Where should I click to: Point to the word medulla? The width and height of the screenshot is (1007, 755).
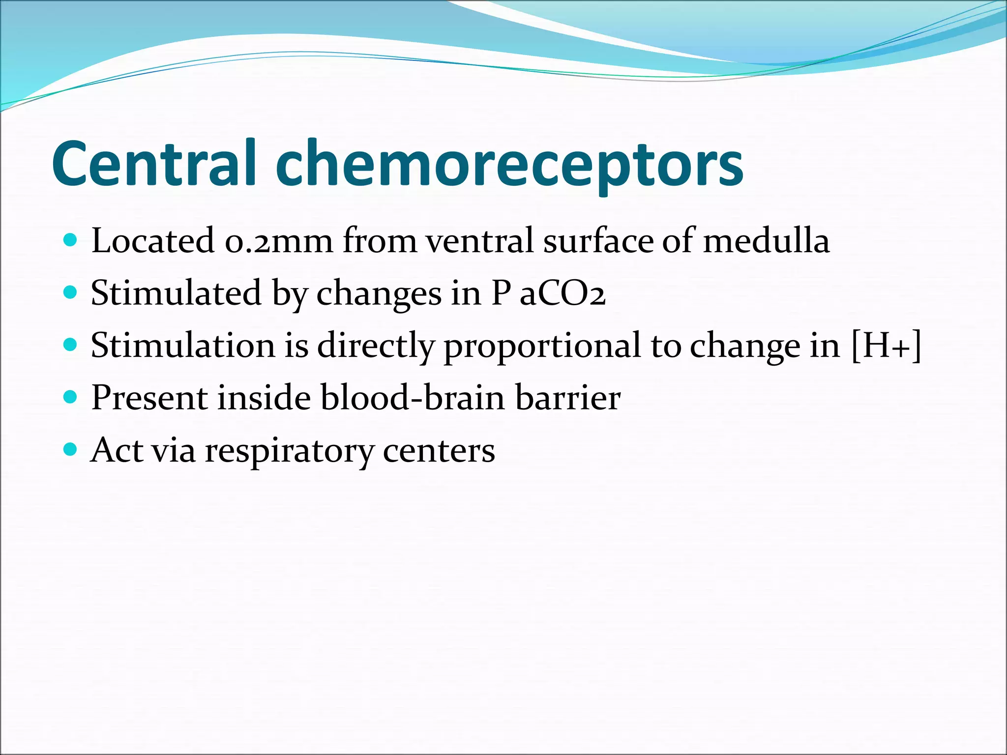766,241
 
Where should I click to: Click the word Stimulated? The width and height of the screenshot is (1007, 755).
176,293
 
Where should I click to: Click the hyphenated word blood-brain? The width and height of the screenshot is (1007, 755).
413,398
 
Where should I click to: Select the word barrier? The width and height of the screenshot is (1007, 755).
568,398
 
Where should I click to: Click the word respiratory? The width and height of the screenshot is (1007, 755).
289,451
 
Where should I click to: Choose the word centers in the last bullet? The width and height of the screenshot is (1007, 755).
439,450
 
